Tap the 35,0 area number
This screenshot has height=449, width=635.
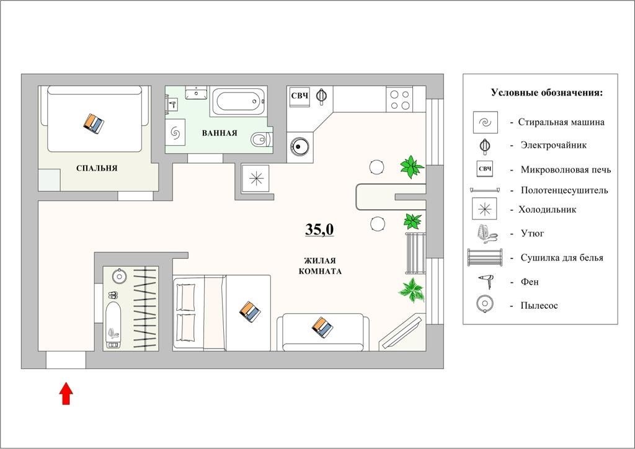pyautogui.click(x=319, y=229)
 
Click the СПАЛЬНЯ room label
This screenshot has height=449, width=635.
pyautogui.click(x=97, y=168)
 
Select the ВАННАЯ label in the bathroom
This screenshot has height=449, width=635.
pyautogui.click(x=220, y=133)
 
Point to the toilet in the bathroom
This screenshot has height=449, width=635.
pyautogui.click(x=261, y=140)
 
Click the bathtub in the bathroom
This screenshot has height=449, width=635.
pyautogui.click(x=238, y=101)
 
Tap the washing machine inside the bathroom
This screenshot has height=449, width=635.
pyautogui.click(x=175, y=132)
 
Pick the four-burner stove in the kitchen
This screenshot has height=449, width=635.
pyautogui.click(x=399, y=100)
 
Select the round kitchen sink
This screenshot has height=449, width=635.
pyautogui.click(x=300, y=146)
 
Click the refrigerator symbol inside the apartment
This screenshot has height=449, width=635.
pyautogui.click(x=256, y=178)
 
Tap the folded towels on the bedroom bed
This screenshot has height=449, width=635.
pyautogui.click(x=94, y=123)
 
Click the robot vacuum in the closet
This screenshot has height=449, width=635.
pyautogui.click(x=119, y=276)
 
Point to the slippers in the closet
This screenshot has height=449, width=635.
pyautogui.click(x=113, y=295)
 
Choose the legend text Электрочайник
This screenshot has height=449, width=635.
pyautogui.click(x=553, y=145)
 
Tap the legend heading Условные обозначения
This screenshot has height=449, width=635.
pyautogui.click(x=547, y=93)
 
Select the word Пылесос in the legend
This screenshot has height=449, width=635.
pyautogui.click(x=539, y=306)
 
